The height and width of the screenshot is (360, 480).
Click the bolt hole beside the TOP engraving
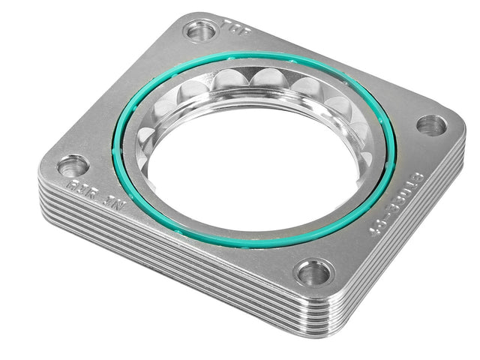click(200, 31)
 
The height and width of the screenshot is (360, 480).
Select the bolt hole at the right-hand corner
click(431, 125)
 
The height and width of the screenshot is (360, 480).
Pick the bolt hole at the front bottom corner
click(313, 272)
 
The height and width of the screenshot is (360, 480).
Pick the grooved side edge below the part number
click(405, 247)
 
